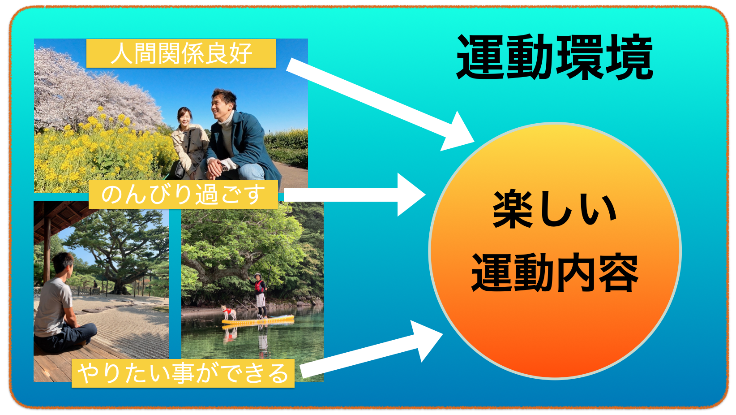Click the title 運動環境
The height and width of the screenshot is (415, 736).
[555, 57]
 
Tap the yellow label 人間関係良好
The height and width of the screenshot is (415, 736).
[181, 53]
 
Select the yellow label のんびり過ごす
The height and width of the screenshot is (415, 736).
[184, 195]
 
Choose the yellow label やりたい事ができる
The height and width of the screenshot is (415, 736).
[183, 373]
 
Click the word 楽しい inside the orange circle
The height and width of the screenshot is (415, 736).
[555, 209]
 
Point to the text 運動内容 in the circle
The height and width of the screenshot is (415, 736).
[555, 272]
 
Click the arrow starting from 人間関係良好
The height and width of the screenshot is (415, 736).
[381, 104]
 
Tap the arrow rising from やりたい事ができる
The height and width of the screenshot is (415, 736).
[372, 349]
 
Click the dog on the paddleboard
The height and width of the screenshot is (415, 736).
[229, 312]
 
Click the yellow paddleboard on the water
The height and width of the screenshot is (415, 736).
[257, 320]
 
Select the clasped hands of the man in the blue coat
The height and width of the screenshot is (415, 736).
[214, 168]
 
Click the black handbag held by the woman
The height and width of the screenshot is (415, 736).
[180, 170]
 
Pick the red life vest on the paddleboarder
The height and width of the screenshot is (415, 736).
[259, 286]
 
